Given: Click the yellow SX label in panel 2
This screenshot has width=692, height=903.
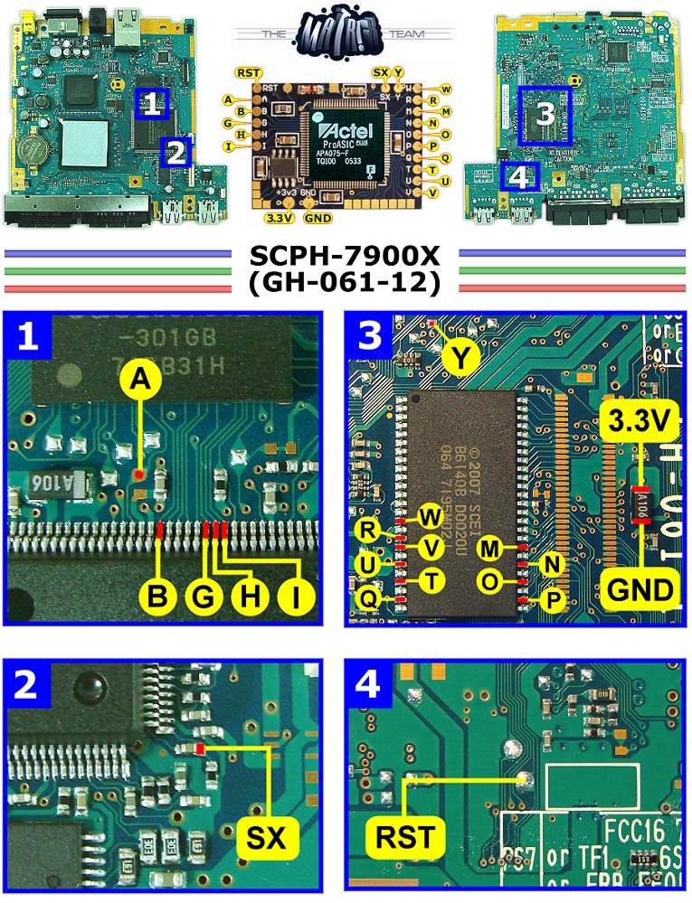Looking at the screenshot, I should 269,842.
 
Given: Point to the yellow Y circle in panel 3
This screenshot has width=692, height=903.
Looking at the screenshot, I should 461,360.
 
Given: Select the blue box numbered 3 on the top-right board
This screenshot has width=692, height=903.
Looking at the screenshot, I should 545,115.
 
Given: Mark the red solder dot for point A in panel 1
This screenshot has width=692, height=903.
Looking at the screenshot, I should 137,473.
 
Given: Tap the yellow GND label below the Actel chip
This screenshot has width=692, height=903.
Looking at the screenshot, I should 318,217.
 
